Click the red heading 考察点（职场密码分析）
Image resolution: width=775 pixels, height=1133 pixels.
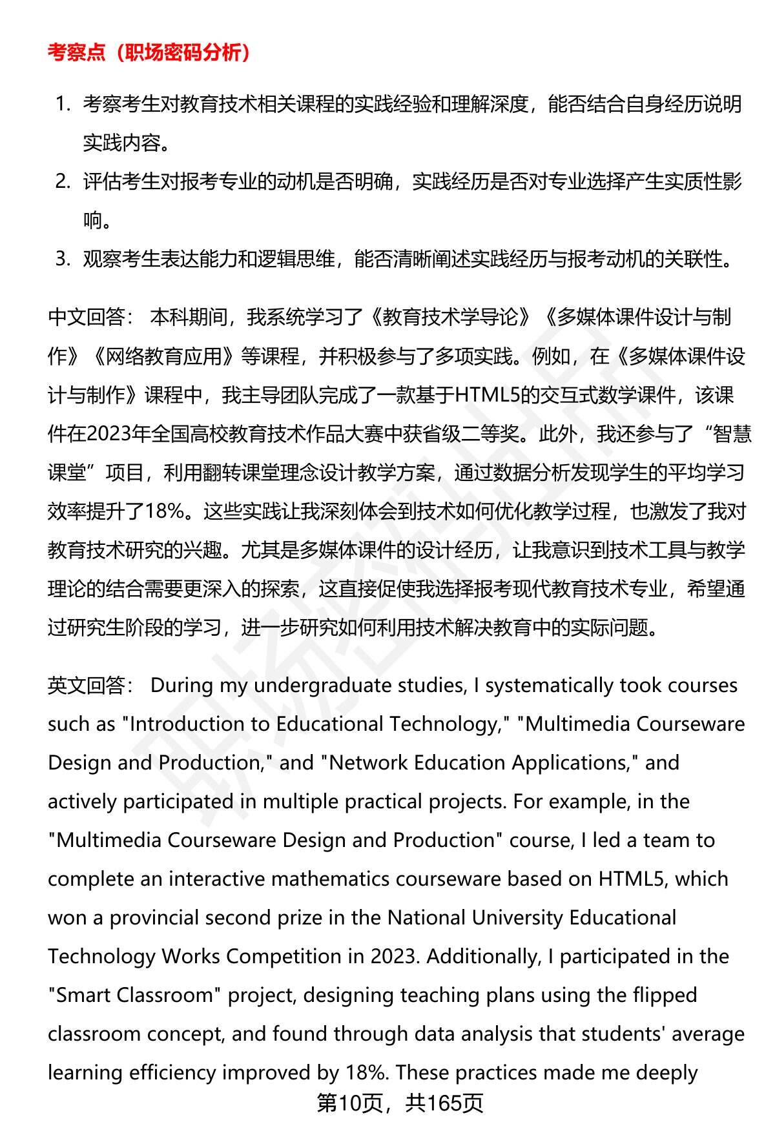tap(149, 53)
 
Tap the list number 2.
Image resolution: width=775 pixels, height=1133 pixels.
tap(63, 182)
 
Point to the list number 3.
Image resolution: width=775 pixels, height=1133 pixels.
tap(63, 260)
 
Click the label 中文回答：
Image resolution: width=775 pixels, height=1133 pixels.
tap(90, 318)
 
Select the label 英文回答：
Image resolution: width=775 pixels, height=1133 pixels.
tap(90, 686)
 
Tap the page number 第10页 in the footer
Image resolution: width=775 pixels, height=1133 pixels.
tap(349, 1103)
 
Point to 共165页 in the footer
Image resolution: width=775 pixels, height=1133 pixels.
tap(444, 1103)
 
